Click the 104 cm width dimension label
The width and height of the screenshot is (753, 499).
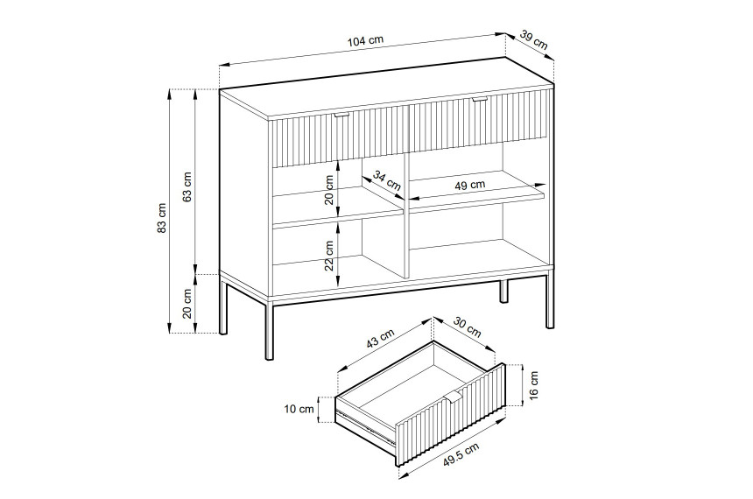pos(365,40)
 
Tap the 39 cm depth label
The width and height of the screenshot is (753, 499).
pos(533,40)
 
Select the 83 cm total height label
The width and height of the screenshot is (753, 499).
pos(162,218)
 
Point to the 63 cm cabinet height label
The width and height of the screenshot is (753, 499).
pos(187,186)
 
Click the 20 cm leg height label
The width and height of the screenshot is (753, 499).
pos(187,303)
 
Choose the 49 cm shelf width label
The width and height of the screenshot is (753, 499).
pos(469,185)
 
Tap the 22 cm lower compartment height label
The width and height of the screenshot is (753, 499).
pos(329,256)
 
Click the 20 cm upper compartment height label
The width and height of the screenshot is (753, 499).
pos(329,190)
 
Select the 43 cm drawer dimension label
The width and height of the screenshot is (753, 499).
pos(381,338)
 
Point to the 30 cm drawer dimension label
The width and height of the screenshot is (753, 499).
pos(467,328)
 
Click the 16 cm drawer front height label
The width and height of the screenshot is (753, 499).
pos(534,384)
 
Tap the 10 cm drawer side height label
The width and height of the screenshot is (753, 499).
pos(299,409)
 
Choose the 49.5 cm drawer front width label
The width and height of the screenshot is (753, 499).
pos(461,455)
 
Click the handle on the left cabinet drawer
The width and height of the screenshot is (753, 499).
pos(342,115)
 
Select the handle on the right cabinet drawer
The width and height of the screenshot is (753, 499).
pos(480,100)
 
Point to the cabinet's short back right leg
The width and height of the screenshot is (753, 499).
pos(503,291)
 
